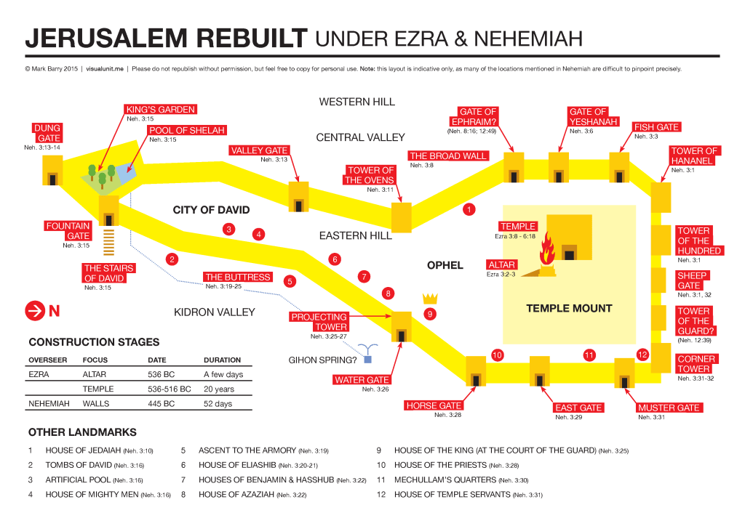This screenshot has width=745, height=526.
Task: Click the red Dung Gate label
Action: click(x=47, y=133)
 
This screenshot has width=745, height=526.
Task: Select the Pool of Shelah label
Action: click(x=187, y=131)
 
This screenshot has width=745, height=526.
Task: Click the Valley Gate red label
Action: click(x=259, y=151)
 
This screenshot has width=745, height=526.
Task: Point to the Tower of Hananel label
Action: click(x=694, y=155)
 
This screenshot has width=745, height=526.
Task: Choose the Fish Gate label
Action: click(x=656, y=127)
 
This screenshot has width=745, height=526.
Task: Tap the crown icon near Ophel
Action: click(x=429, y=298)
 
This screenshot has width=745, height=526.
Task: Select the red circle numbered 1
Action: click(x=469, y=210)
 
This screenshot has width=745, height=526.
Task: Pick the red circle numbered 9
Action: click(x=429, y=314)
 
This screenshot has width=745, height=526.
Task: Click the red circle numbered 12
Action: click(x=642, y=355)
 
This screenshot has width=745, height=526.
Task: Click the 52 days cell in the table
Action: click(x=218, y=403)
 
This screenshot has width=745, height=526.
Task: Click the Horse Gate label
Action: click(x=434, y=405)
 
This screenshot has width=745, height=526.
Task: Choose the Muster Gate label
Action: click(x=668, y=408)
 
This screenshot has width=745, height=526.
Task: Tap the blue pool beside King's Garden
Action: click(x=124, y=173)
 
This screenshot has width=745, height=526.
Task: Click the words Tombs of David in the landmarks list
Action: click(x=79, y=465)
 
